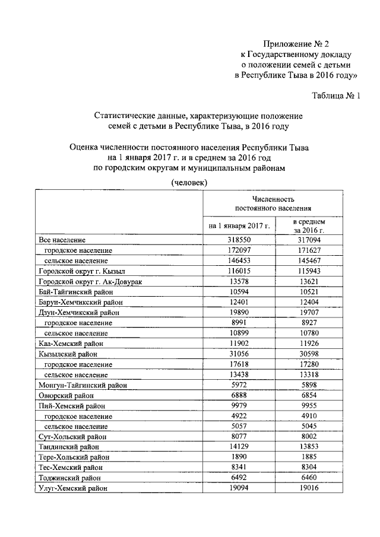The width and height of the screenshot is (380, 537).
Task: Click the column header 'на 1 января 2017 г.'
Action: (239, 225)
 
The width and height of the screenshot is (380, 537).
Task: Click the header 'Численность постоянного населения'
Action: (273, 203)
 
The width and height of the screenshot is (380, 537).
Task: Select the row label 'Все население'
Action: (62, 240)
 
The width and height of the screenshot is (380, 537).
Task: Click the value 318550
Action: (239, 240)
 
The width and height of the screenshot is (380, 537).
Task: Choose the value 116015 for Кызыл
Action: (239, 271)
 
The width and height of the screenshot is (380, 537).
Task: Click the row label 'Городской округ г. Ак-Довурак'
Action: (90, 281)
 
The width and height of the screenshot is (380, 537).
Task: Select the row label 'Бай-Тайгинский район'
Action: (75, 291)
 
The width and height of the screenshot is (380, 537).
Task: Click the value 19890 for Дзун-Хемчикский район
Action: (239, 312)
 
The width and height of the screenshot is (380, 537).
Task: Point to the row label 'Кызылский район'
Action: (67, 354)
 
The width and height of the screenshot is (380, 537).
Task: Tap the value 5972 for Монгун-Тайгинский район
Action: (239, 385)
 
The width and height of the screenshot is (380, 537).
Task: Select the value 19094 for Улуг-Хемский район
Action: (239, 488)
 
